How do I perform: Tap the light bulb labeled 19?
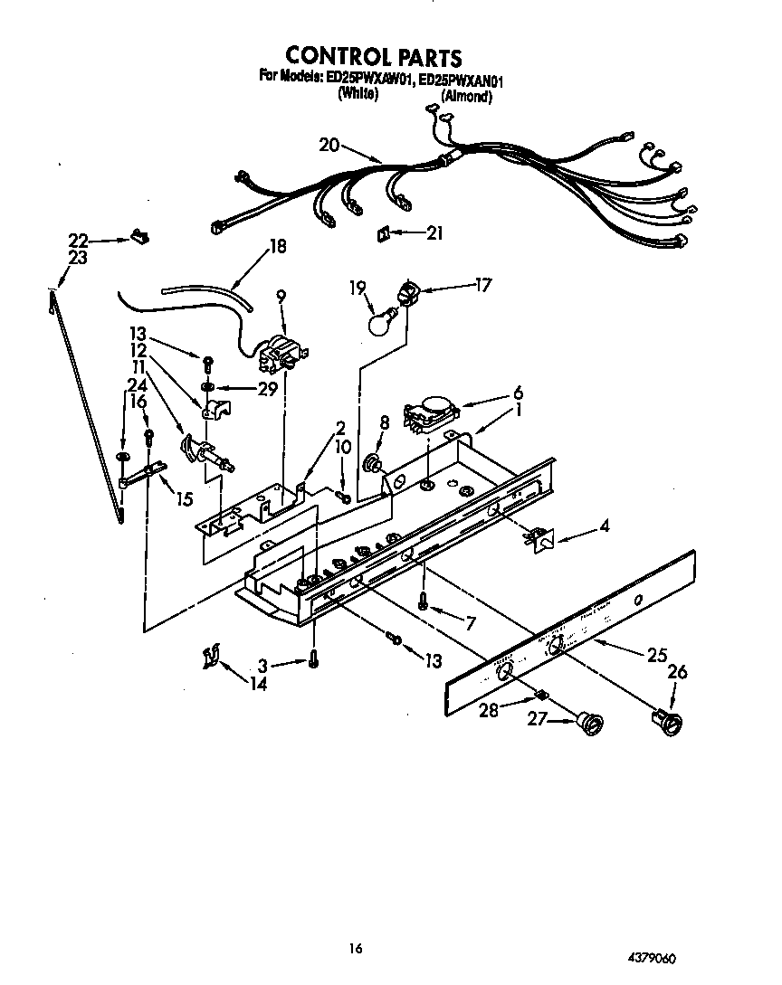coord(380,321)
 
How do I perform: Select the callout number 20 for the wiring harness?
coord(329,145)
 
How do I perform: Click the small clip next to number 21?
coord(383,233)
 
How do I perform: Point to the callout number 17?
coord(482,285)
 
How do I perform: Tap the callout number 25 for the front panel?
coord(657,656)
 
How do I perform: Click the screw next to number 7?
coord(422,599)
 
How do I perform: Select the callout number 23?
coord(78,257)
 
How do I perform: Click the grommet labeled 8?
coord(371,464)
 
